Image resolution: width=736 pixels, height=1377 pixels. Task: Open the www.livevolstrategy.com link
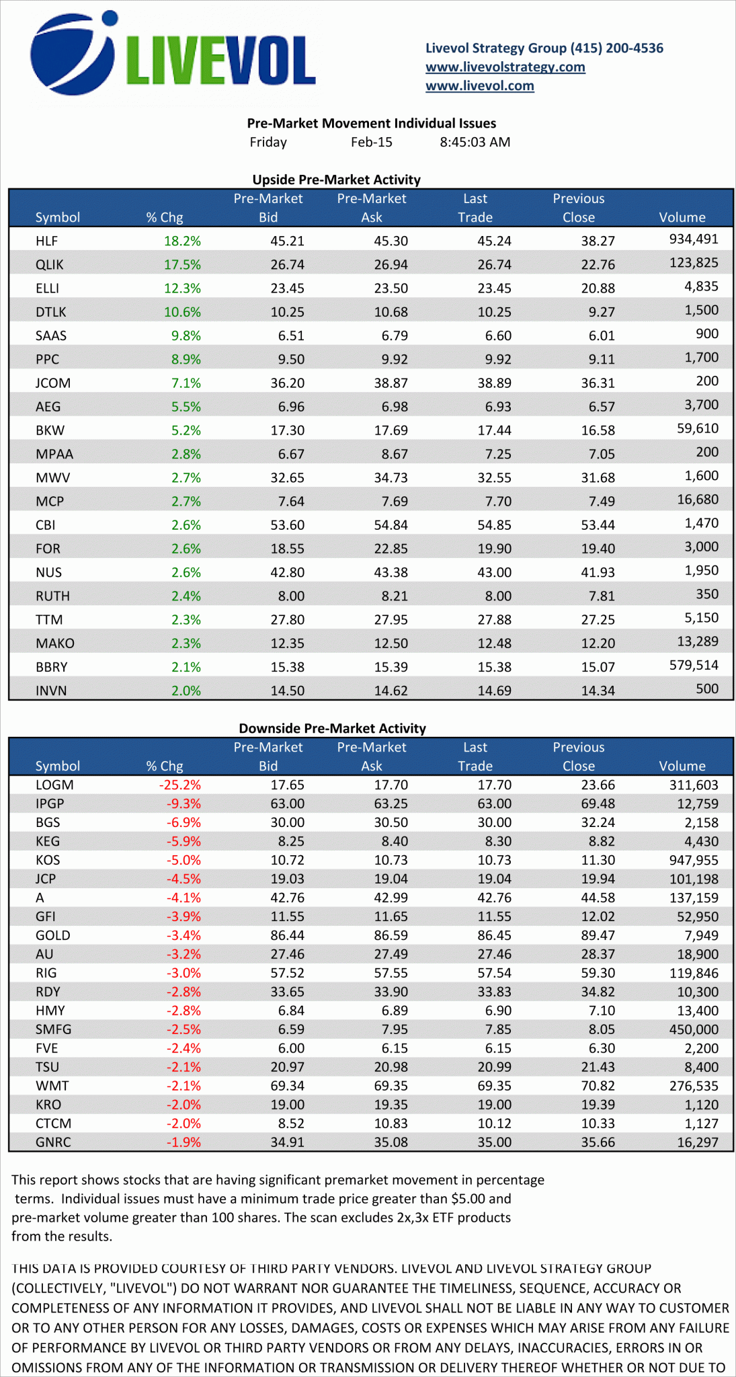(505, 67)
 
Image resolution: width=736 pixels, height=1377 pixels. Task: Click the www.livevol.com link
(479, 85)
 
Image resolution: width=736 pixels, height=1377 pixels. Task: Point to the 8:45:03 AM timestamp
(475, 142)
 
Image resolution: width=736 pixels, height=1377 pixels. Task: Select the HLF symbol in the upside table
(46, 241)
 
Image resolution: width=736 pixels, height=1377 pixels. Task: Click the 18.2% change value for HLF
(182, 241)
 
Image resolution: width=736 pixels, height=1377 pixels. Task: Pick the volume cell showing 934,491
(694, 239)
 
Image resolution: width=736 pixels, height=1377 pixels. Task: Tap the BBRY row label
(51, 667)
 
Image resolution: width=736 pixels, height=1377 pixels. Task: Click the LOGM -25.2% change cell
(179, 785)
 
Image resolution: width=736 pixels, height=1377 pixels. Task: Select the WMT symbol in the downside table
(52, 1086)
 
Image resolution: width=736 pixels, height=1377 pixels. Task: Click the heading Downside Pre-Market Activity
(332, 728)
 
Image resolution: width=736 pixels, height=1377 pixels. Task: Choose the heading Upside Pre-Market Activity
(336, 180)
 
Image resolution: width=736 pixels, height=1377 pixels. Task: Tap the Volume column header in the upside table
(682, 217)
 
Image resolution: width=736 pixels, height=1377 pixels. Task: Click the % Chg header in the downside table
(164, 766)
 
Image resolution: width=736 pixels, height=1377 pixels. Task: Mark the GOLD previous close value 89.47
(598, 935)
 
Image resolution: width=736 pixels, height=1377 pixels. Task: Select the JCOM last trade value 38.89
(494, 383)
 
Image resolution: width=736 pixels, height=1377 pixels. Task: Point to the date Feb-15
(371, 142)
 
